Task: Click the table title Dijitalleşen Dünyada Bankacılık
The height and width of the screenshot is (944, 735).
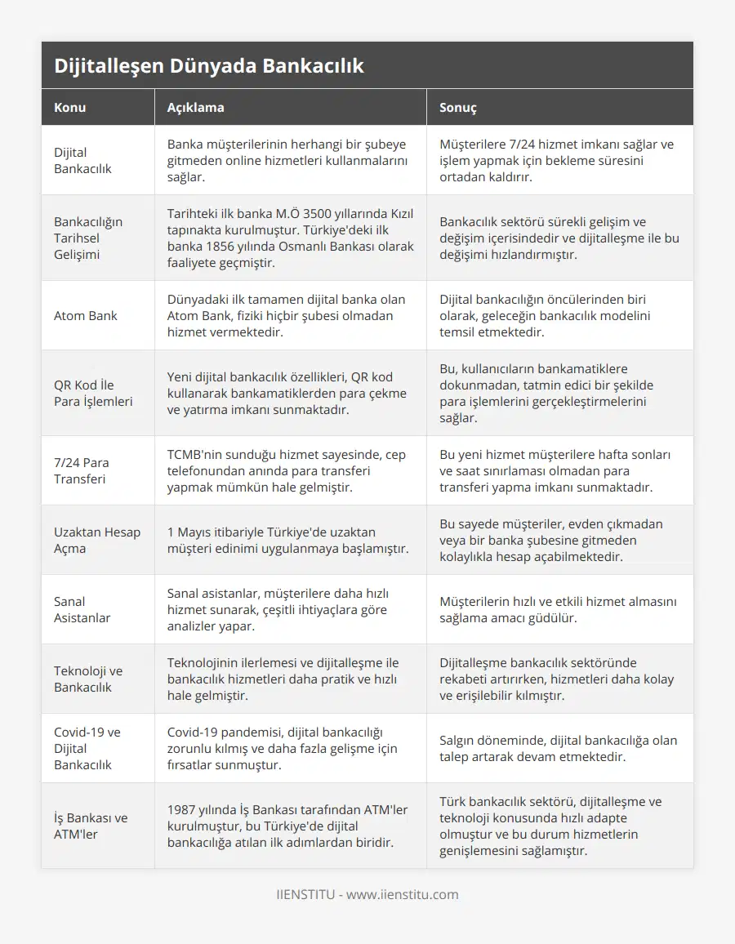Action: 209,66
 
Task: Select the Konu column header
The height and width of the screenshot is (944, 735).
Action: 70,107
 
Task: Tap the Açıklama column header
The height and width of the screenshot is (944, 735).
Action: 195,107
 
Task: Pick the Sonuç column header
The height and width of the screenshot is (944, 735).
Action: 458,107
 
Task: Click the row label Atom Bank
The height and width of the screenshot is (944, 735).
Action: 86,315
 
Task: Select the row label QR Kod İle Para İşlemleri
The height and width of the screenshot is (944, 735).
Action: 93,393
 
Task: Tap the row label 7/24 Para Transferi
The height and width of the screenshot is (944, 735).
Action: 81,470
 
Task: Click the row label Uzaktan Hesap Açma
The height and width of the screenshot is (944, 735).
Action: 96,540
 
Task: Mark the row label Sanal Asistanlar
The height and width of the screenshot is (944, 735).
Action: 82,609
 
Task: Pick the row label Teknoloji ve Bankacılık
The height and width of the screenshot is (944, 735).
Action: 88,679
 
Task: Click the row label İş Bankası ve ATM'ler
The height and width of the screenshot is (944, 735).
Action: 91,826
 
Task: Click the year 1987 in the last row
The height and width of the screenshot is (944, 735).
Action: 182,809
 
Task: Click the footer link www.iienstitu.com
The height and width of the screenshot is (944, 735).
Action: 402,894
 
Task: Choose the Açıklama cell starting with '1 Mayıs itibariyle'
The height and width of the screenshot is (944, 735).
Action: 287,540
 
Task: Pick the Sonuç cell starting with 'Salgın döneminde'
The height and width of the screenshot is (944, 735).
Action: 558,748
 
